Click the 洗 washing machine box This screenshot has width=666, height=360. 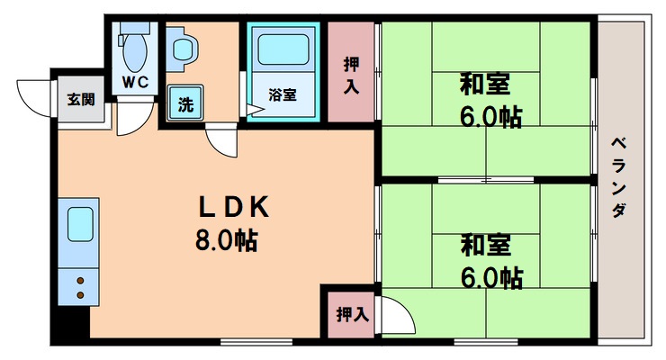click(184, 103)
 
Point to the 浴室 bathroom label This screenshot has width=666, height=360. click(282, 94)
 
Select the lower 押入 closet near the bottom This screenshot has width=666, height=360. click(352, 314)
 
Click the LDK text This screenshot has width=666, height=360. click(233, 207)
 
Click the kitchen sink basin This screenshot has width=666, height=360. click(81, 223)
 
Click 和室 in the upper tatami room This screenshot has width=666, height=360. click(486, 85)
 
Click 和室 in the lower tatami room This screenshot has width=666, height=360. click(486, 245)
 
